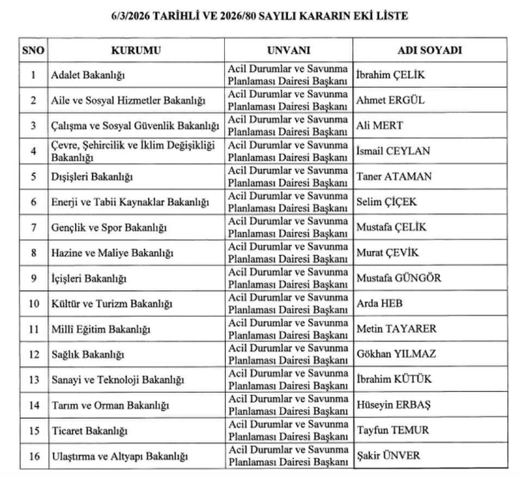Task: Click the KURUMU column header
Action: (136, 50)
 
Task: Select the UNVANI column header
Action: (288, 50)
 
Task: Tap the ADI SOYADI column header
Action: (429, 50)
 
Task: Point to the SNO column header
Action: (33, 50)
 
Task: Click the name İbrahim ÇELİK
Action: (390, 75)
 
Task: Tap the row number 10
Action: (34, 303)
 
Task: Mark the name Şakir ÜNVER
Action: (388, 456)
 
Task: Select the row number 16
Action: (34, 456)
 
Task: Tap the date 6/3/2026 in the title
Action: (130, 16)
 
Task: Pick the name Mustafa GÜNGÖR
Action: (398, 278)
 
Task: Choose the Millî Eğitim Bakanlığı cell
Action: (100, 329)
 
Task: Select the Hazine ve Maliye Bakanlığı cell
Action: (112, 253)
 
